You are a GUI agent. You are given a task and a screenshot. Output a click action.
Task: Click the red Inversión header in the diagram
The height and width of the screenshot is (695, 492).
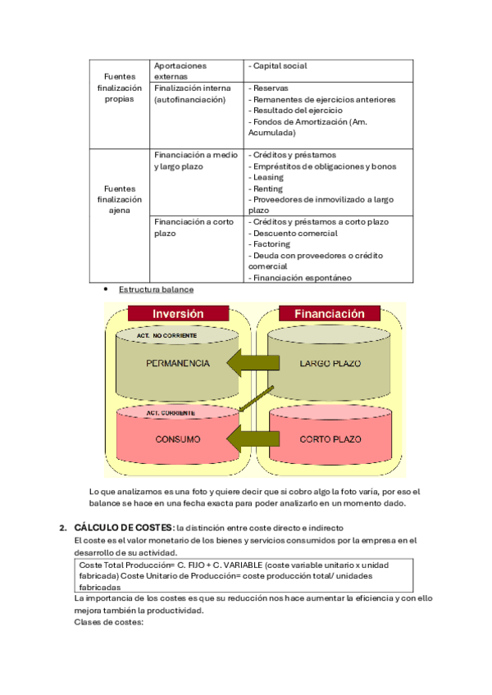178,314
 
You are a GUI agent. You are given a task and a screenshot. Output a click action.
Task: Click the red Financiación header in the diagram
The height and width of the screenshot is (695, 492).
329,314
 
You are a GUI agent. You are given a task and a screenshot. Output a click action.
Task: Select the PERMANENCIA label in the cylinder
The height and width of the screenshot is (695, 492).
177,363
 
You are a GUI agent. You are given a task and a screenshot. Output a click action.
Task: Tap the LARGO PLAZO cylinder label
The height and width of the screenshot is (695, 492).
330,363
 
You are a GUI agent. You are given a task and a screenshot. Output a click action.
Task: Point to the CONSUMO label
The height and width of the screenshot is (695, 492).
178,439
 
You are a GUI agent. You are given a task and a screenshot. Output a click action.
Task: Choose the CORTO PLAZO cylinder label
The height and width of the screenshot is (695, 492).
330,439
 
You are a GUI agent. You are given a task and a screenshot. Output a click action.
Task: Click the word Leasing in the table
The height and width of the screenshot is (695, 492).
268,177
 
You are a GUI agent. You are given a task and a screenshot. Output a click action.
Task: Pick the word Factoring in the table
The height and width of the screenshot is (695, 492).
271,244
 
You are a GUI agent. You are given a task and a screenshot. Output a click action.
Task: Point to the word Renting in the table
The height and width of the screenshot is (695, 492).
268,189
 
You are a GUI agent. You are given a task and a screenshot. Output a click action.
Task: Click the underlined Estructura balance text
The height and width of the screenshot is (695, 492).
156,289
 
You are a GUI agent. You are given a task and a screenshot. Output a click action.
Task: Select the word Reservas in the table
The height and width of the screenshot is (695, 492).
271,88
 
